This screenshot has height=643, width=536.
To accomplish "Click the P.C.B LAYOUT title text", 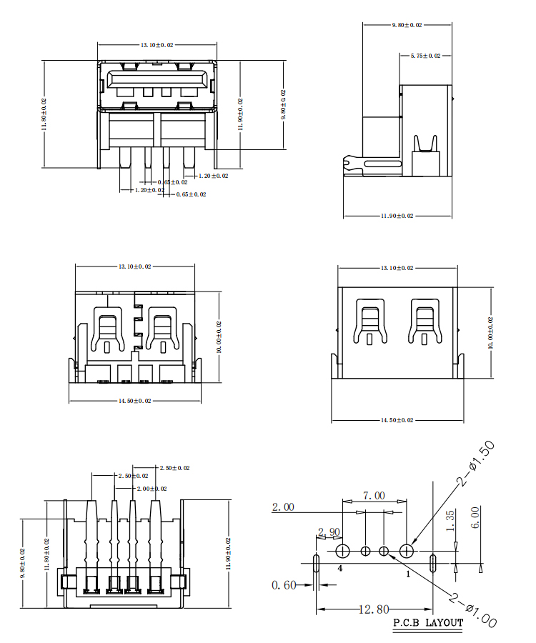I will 428,622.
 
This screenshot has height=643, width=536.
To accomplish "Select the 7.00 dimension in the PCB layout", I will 374,495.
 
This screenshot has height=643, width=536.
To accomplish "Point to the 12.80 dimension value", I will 374,609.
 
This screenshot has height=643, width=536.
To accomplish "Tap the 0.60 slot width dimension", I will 284,585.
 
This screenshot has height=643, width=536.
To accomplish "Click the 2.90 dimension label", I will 329,532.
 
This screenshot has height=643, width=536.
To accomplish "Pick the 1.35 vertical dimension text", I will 450,522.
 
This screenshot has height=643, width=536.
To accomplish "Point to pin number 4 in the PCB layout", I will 340,569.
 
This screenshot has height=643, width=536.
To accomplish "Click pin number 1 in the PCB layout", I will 408,573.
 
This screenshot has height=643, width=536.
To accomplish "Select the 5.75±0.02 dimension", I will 425,55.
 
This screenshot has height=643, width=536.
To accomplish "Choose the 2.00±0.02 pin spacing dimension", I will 151,489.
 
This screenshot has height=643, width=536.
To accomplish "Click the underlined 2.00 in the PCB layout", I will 283,508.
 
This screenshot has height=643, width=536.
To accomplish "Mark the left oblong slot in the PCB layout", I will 316,563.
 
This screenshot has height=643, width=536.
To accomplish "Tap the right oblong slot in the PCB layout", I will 433,562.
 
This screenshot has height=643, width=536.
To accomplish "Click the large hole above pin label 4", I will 342,551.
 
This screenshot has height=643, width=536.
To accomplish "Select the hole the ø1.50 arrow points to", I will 407,551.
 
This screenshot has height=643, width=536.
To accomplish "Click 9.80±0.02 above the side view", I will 407,25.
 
